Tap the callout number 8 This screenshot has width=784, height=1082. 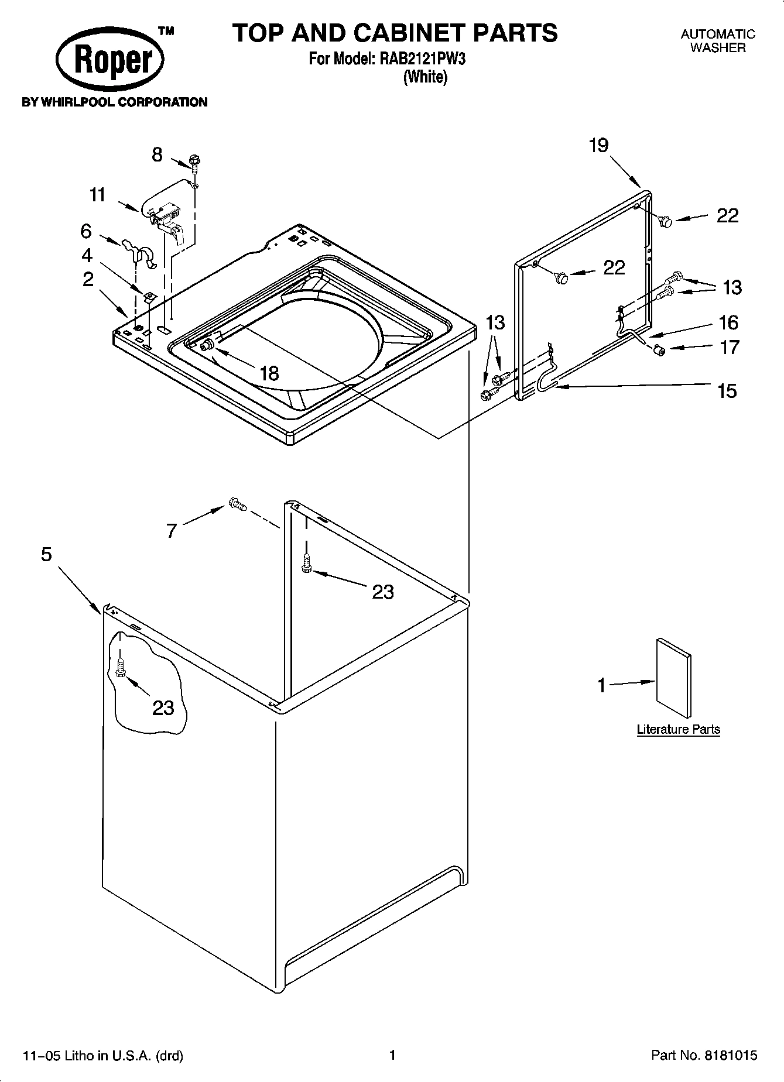157,155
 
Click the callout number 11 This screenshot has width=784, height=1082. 97,194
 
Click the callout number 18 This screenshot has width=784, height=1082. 269,373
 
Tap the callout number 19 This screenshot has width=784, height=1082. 598,145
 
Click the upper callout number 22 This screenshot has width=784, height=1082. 727,216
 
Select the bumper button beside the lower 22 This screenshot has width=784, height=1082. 561,277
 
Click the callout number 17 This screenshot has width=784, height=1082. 730,347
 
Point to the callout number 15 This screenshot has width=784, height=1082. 727,390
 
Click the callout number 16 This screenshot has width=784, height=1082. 728,322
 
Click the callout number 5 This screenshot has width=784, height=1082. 47,554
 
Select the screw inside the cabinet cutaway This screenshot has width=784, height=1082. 121,667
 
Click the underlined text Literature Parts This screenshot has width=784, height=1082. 678,729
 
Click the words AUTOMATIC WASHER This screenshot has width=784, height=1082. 718,41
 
